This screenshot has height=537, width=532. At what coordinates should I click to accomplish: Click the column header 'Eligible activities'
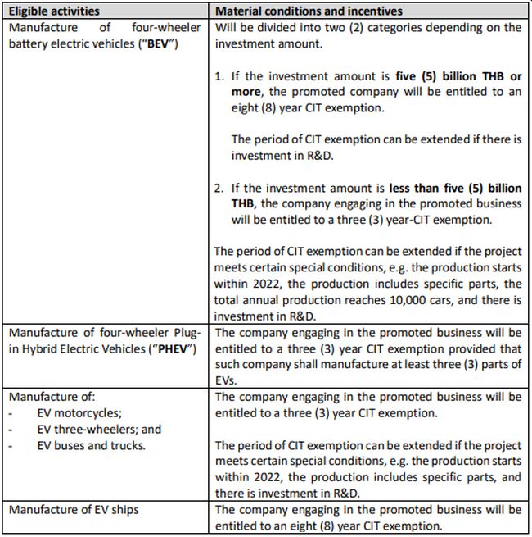54,11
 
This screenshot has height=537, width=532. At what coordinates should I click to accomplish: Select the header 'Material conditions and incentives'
309,11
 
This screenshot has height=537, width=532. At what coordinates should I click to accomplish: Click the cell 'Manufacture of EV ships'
74,510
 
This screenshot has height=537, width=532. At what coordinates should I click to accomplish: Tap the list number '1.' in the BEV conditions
219,76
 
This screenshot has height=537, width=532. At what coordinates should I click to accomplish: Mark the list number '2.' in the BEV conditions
219,189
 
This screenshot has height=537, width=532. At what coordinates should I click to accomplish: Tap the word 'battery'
32,43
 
